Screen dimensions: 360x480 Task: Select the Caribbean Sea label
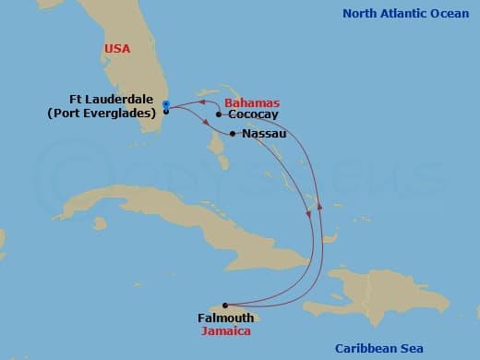coord(378,347)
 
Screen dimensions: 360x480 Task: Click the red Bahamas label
coord(253,103)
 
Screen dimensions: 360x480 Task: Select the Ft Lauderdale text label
coord(113,99)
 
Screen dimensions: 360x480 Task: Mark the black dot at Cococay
coord(219,115)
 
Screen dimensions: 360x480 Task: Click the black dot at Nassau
coord(233,134)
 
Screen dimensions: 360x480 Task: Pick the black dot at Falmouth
coord(224,305)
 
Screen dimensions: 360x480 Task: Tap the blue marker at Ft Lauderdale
coord(165,103)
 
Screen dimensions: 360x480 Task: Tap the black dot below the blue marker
coord(165,112)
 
